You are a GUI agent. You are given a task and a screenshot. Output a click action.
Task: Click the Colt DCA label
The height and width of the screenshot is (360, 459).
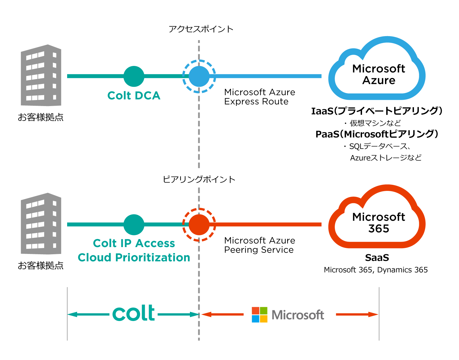click(134, 95)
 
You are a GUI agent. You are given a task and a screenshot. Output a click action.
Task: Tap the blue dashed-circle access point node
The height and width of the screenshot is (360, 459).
click(199, 76)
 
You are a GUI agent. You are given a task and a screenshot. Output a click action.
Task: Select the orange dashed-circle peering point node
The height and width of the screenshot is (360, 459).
click(199, 225)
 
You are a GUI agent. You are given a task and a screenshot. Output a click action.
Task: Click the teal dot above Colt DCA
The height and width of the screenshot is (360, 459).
click(134, 76)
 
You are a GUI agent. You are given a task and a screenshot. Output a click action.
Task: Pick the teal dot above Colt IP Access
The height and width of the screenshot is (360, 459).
click(134, 225)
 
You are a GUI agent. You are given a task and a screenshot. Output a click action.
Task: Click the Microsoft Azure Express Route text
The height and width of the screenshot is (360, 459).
click(259, 97)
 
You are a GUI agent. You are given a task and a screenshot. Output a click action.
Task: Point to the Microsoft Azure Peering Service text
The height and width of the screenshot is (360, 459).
click(259, 245)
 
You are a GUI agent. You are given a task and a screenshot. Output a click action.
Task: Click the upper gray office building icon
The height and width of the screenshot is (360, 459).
click(41, 75)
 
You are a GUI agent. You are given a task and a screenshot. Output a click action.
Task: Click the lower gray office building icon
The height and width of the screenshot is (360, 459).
click(41, 224)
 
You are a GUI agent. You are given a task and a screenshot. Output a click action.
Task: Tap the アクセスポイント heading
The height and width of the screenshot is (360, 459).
click(201, 29)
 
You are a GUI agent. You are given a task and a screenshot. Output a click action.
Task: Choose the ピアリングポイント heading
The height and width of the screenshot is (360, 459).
click(199, 179)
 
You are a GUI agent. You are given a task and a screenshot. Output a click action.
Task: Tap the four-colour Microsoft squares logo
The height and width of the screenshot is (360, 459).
click(259, 315)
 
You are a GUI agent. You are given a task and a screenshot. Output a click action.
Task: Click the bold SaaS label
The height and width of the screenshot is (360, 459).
click(377, 258)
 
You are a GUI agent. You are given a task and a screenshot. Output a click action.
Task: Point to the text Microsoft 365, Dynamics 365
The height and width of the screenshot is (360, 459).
click(376, 270)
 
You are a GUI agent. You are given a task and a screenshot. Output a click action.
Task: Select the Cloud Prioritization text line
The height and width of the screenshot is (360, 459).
click(134, 257)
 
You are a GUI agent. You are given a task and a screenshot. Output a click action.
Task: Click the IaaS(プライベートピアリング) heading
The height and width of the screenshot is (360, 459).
click(377, 111)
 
